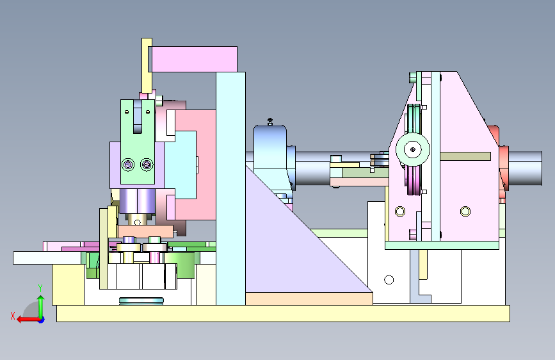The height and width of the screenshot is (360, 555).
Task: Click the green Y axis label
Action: click(x=40, y=288)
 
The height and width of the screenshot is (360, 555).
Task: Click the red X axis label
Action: click(x=13, y=316)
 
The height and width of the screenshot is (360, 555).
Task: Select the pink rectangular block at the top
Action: click(x=195, y=59)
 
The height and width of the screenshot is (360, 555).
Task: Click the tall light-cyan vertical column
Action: click(x=231, y=188)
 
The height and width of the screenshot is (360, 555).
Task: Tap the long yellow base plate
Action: click(x=283, y=314)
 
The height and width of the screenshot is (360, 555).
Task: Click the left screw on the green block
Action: click(x=128, y=165)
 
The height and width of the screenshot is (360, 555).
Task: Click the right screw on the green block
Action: click(x=147, y=165)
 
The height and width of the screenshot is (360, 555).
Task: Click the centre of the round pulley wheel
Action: click(x=413, y=149)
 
